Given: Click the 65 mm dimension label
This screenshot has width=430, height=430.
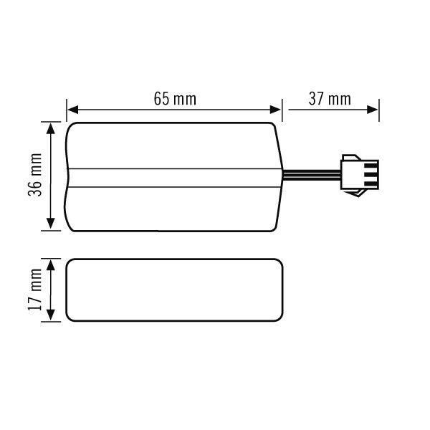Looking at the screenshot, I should click(x=174, y=99).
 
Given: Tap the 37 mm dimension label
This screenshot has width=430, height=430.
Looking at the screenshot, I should click(x=330, y=99).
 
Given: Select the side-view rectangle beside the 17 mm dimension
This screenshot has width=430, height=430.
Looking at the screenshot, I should click(x=174, y=290).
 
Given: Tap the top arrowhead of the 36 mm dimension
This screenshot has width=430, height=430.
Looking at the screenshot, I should click(x=50, y=128).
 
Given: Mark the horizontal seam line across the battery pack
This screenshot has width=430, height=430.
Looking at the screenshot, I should click(x=174, y=169).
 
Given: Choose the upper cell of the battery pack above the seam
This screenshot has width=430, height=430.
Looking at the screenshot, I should click(x=174, y=145).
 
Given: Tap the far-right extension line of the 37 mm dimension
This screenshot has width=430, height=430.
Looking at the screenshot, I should click(x=378, y=110).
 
